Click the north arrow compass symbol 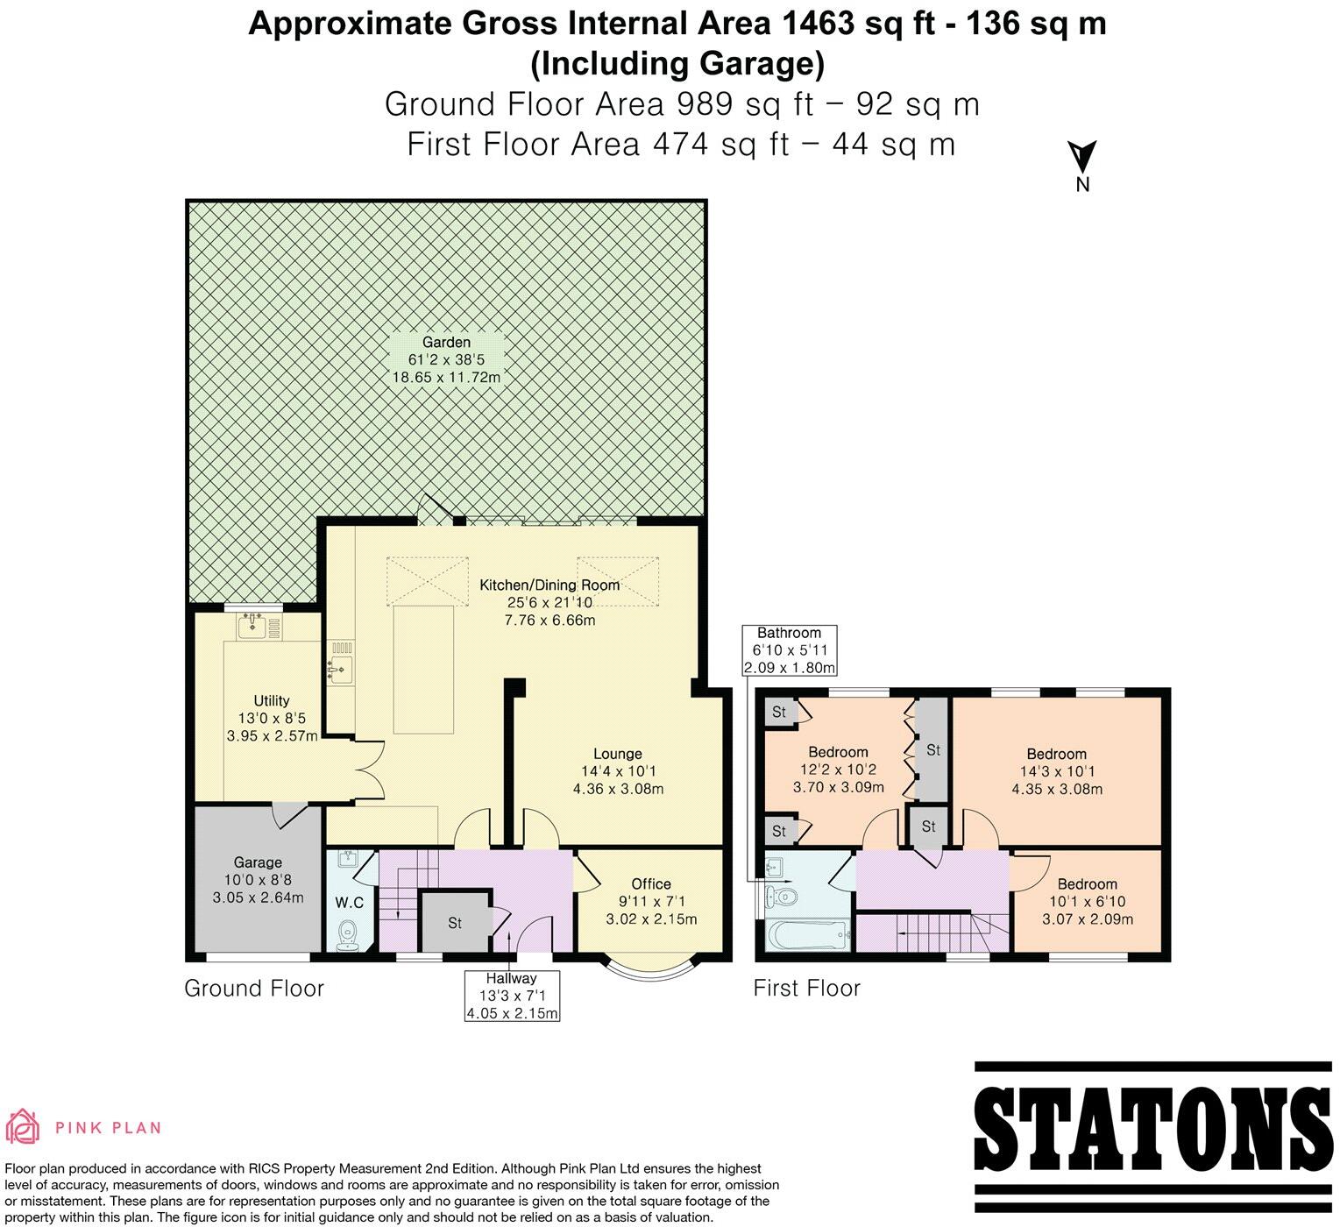pos(1082,158)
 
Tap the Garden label pos(446,343)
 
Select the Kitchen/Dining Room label pos(549,585)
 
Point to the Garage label pos(258,862)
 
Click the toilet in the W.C pos(348,934)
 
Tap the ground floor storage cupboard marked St pos(454,923)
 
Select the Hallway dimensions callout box pos(512,996)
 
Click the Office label pos(651,883)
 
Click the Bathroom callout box pos(789,650)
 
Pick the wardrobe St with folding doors pos(932,750)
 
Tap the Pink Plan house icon pos(24,1127)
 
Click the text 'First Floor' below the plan pos(806,989)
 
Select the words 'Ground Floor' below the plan pos(254,989)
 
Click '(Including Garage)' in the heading pos(677,64)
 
